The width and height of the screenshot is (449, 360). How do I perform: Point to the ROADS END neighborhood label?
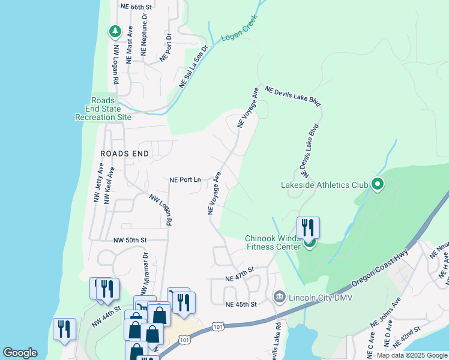coord(124,154)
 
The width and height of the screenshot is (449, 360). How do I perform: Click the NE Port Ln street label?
coord(185,179)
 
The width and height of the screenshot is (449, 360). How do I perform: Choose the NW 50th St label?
coord(130,240)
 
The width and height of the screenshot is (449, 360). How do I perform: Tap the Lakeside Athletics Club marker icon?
coord(378,184)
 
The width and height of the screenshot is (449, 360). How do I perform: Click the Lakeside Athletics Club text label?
coord(324,185)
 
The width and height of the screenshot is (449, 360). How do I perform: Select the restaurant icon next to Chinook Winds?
coord(308,227)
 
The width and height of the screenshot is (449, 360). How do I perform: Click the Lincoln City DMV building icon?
coord(279,297)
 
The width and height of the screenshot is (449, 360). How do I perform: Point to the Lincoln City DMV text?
coord(320,298)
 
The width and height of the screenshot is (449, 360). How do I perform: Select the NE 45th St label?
coord(241,305)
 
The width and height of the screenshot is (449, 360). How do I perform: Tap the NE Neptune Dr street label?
coord(144,35)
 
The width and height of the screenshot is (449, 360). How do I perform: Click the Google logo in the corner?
coord(20,353)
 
